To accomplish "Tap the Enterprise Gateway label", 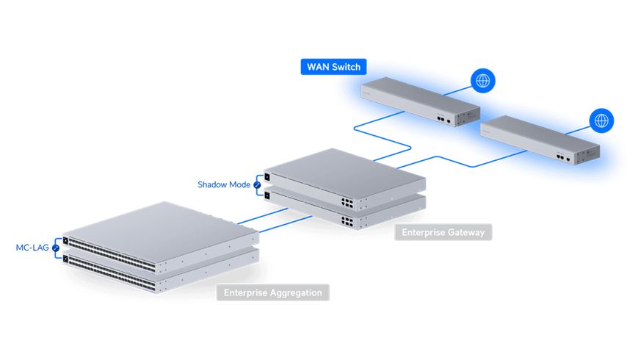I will [x=443, y=232].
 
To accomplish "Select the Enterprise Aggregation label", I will [x=273, y=292].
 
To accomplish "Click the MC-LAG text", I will [x=32, y=248].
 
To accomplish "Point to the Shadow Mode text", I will [x=223, y=184].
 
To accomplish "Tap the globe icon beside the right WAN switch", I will [x=602, y=120].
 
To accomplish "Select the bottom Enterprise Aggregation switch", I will [x=158, y=273].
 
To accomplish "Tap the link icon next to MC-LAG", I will [x=55, y=248].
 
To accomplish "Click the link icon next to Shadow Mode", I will [x=256, y=184].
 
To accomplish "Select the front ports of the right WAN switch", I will [x=562, y=156].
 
